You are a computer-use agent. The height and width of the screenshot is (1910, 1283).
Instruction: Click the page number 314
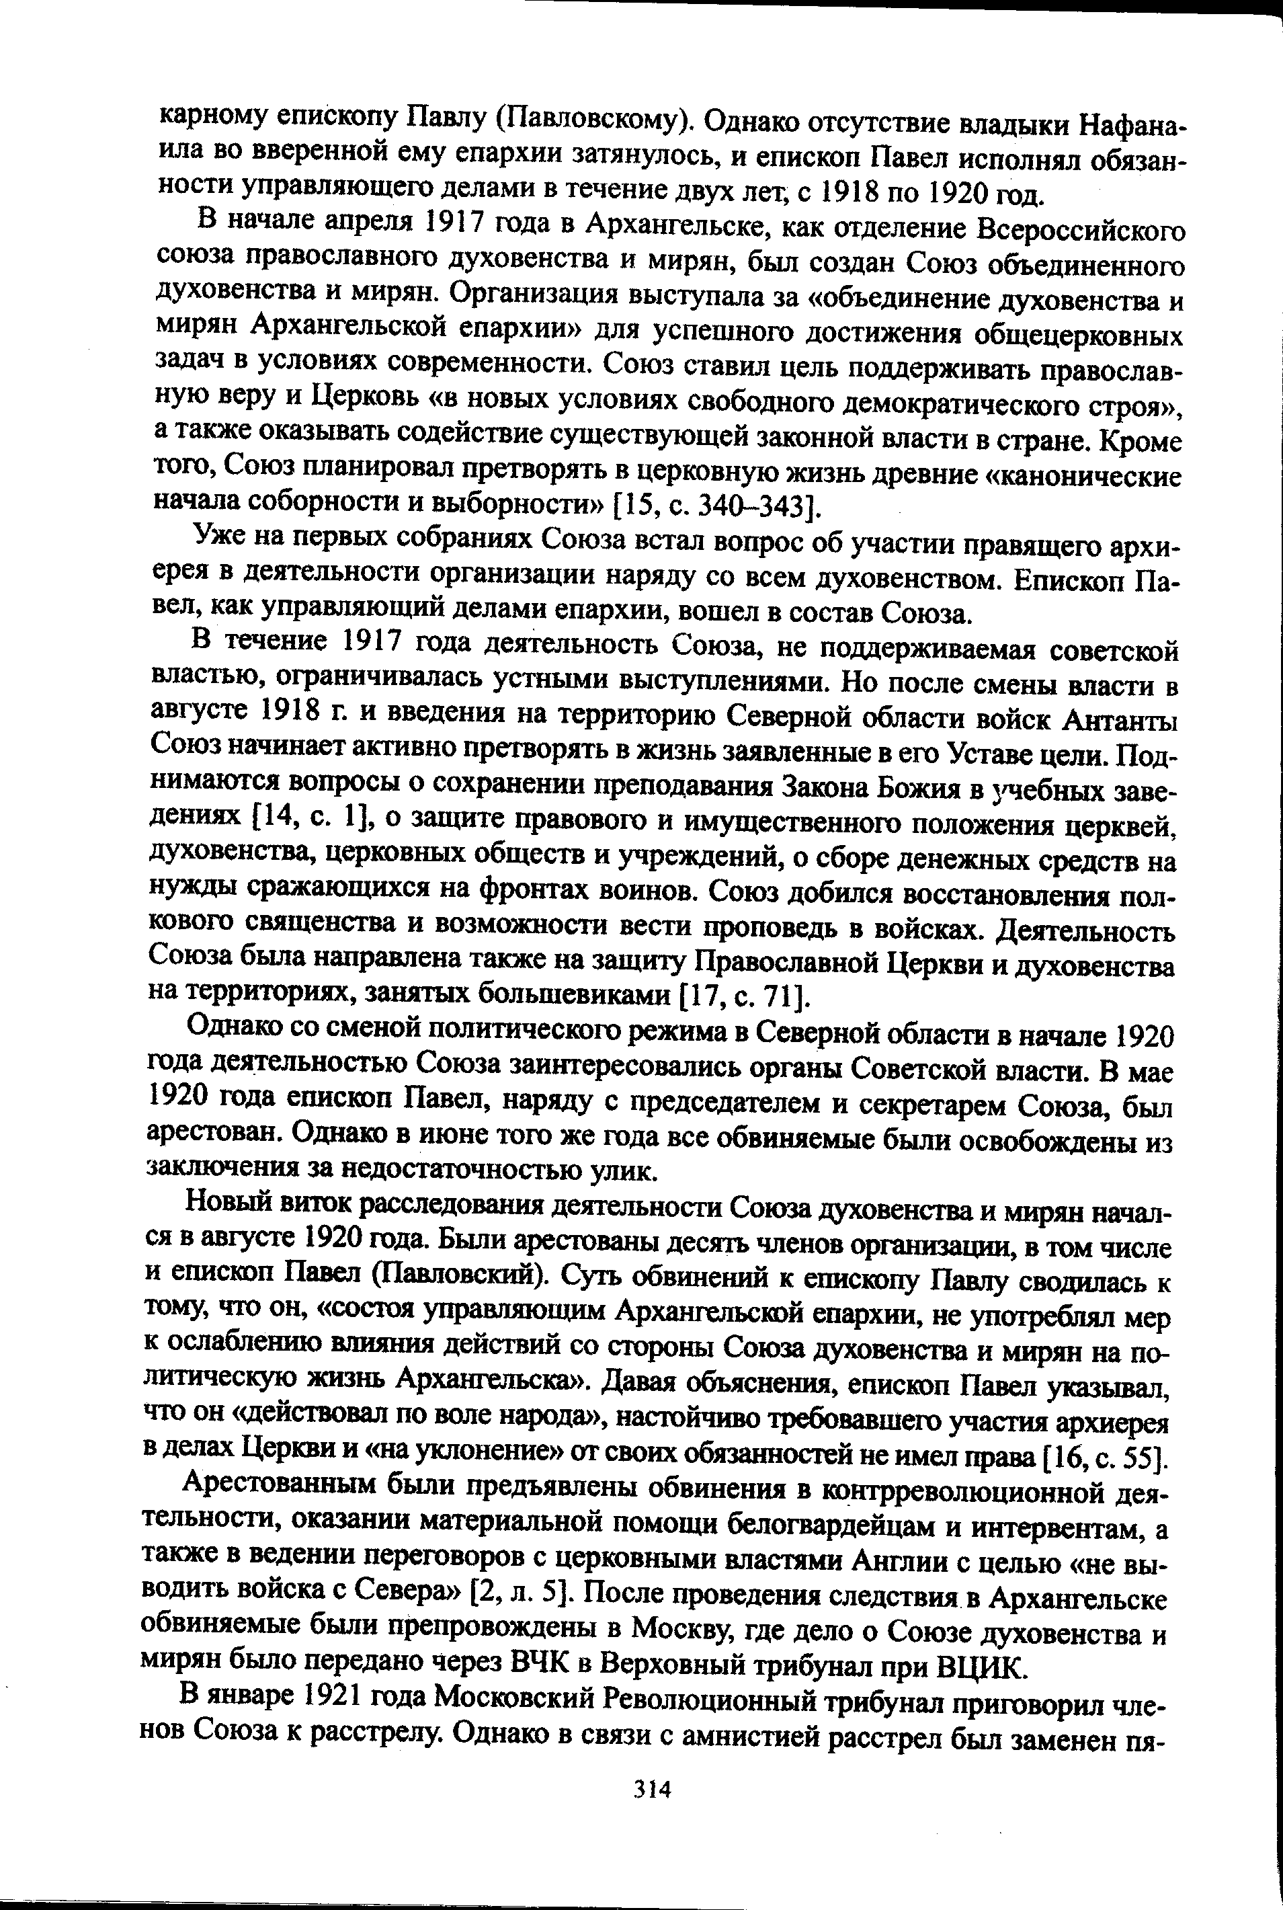(x=652, y=1788)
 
